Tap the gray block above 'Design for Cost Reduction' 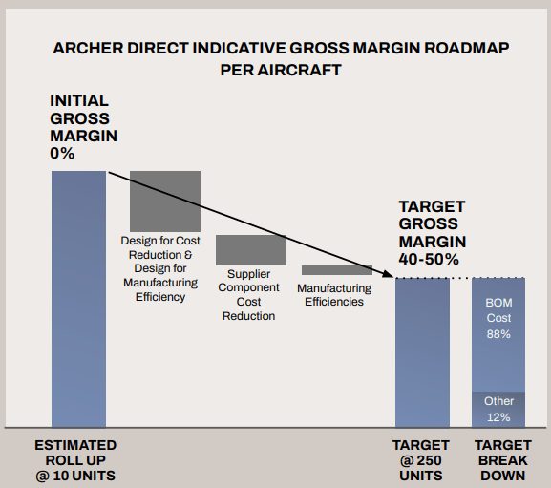pos(165,200)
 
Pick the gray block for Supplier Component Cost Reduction pos(251,249)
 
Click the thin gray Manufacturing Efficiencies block pos(336,270)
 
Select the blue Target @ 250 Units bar pos(422,351)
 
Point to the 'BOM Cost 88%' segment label pos(498,319)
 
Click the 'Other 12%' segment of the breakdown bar pos(498,409)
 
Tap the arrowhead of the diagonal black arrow pos(388,274)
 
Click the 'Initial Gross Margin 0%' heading pos(82,126)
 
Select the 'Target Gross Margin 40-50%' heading pos(431,232)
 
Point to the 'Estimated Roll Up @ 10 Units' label pos(75,460)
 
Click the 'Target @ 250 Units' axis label pos(421,460)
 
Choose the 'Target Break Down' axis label pos(502,460)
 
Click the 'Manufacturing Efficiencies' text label pos(334,295)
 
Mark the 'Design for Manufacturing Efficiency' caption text pos(160,283)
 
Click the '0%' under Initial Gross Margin pos(62,153)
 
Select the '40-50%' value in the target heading pos(429,259)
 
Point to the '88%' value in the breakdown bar pos(498,334)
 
